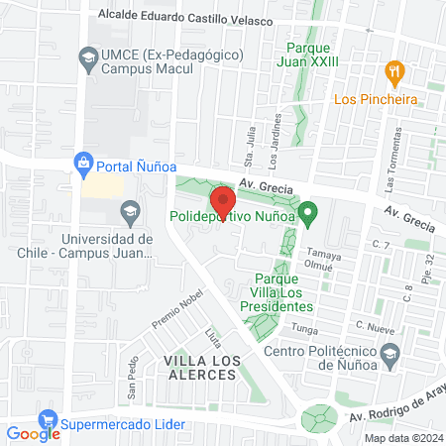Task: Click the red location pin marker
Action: pos(222,203)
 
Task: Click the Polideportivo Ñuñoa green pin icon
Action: pos(308,211)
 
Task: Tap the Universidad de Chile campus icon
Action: pos(128,211)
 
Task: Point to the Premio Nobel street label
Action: pos(176,311)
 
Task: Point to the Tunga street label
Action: pos(304,330)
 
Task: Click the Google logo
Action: pos(33,432)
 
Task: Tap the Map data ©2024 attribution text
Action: pos(401,438)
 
